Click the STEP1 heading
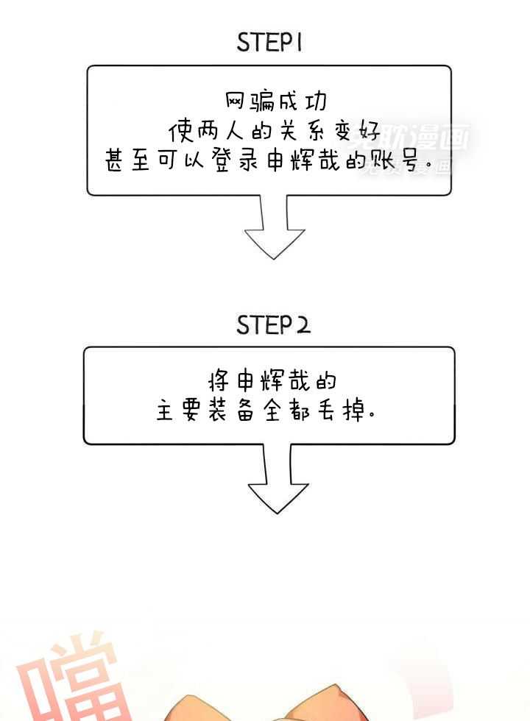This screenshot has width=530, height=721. [x=269, y=43]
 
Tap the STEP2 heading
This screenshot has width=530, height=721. [x=273, y=325]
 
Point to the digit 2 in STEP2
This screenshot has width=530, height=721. [x=302, y=325]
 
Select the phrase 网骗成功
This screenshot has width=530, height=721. [x=275, y=100]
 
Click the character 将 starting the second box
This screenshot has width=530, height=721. [x=217, y=381]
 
